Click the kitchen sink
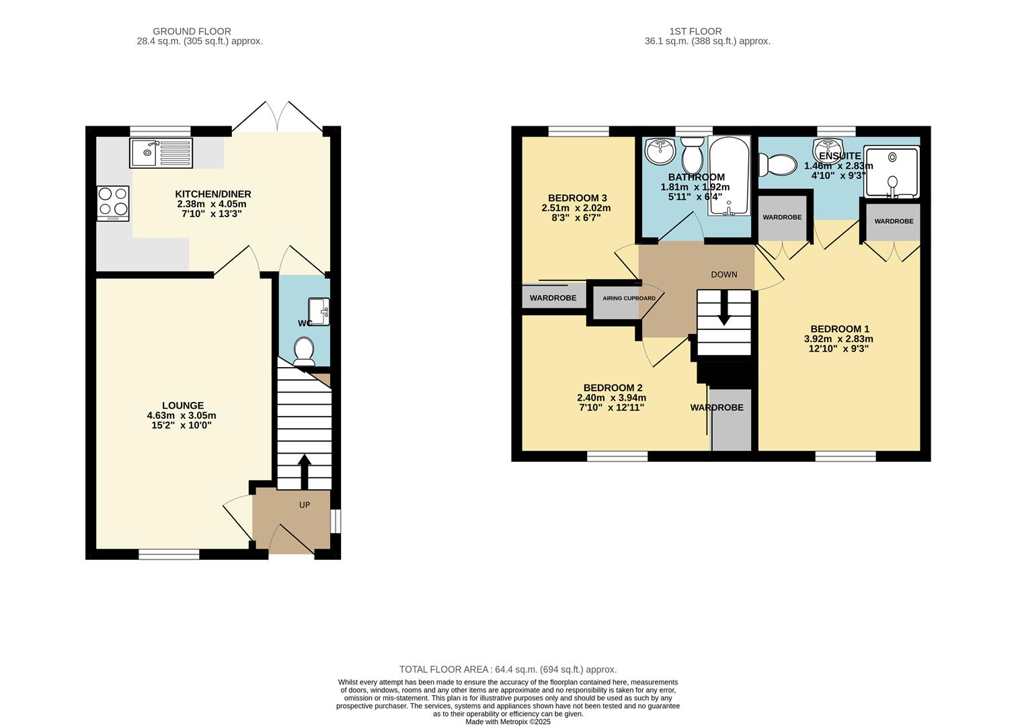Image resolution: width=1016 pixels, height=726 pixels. point(161,153)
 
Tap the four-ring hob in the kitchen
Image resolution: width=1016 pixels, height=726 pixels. point(113,202)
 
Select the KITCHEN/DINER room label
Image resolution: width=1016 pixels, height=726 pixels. point(213,194)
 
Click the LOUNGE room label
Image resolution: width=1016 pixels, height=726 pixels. point(182,405)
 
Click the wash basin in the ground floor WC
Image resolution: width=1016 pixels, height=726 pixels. point(319,311)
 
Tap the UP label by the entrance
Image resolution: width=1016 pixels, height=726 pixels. point(305,504)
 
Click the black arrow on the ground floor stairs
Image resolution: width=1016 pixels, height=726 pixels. point(304,471)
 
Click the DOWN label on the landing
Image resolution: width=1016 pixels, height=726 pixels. point(724,274)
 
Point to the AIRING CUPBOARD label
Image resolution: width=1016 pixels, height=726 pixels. point(629,298)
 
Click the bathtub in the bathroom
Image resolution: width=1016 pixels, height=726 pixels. point(728,176)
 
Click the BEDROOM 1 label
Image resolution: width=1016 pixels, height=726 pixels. point(839,329)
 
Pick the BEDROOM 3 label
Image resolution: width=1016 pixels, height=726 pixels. point(577,198)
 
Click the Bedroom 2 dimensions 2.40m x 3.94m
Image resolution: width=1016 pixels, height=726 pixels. point(606,397)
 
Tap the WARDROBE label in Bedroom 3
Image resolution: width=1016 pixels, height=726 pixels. point(553,298)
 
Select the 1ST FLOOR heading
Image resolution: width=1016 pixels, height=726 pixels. point(695,31)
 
